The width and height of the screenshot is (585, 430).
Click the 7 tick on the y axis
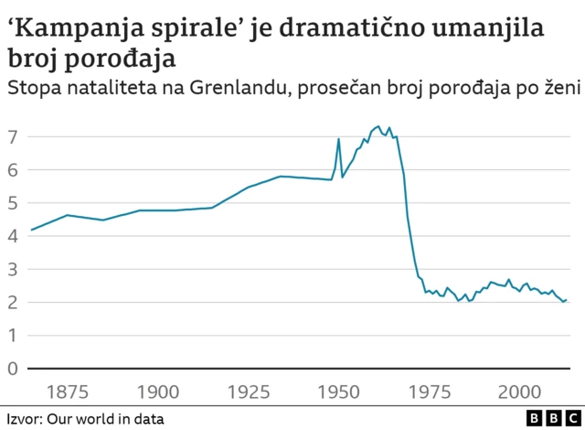(x=13, y=137)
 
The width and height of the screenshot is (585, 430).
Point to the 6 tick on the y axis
(x=13, y=170)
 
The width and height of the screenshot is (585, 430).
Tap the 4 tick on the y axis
(x=13, y=236)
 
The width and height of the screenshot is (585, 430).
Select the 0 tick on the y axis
(x=13, y=369)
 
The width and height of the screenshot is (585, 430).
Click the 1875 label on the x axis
(x=68, y=392)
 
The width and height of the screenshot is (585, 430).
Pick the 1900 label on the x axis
(x=158, y=392)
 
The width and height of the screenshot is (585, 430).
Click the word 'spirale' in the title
(x=193, y=28)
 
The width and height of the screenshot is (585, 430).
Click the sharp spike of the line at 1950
(x=338, y=139)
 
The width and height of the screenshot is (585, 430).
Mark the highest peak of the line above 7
(x=378, y=126)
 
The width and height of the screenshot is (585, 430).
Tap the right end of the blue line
(x=568, y=300)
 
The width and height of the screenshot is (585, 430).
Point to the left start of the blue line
(x=31, y=230)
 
